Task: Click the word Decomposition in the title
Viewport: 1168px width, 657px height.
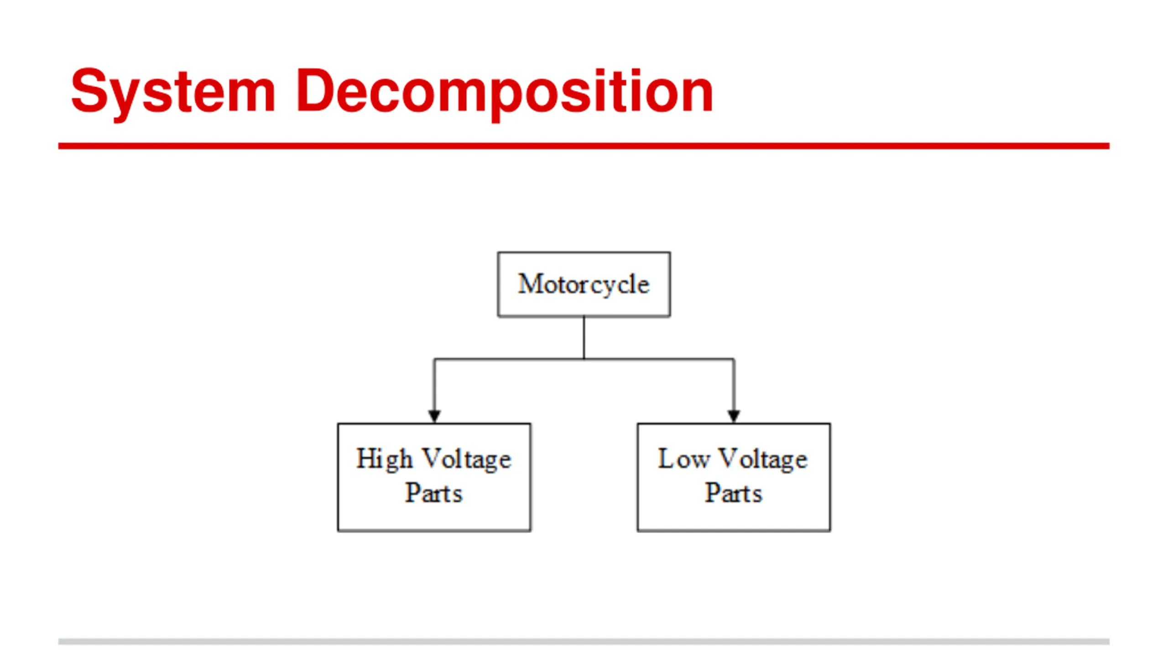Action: (x=505, y=91)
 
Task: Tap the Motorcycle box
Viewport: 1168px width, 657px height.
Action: (x=584, y=284)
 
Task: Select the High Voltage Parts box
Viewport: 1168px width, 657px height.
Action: (x=434, y=477)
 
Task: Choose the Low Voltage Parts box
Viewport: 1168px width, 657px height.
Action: (x=734, y=477)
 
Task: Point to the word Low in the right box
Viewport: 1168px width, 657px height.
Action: (x=683, y=459)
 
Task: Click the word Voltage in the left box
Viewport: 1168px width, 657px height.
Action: (x=466, y=459)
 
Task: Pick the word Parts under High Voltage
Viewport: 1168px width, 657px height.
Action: (x=434, y=493)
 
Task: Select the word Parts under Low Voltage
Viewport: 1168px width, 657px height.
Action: (x=734, y=493)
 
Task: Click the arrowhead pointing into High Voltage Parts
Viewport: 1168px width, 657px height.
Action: (x=434, y=416)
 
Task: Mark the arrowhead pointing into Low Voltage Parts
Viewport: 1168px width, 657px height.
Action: (x=734, y=416)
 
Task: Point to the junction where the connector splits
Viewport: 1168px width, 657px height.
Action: (x=584, y=359)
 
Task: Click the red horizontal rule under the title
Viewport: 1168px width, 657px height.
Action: (x=584, y=146)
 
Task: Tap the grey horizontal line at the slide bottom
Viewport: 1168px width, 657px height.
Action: (x=584, y=641)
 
